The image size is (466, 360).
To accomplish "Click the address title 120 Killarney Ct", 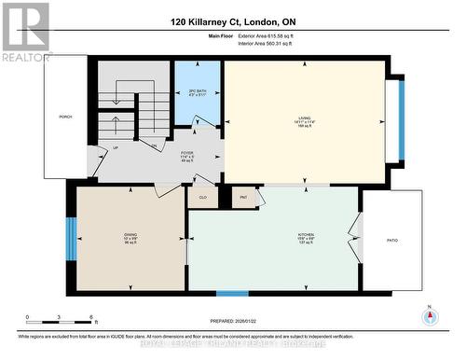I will tap(232, 21).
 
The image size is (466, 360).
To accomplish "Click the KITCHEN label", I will tap(274, 239).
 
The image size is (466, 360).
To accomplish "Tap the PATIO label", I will tap(392, 241).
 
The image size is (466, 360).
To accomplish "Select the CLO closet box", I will tap(202, 197).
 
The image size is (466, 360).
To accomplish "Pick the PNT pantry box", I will tap(243, 197).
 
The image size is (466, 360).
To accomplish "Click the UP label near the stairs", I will tap(116, 148).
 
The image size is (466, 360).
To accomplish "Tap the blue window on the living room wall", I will tap(402, 120).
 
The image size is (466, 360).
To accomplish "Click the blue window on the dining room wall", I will tap(70, 240).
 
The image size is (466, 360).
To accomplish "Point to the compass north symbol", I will tap(430, 315).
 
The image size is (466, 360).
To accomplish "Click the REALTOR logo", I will tap(26, 33).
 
